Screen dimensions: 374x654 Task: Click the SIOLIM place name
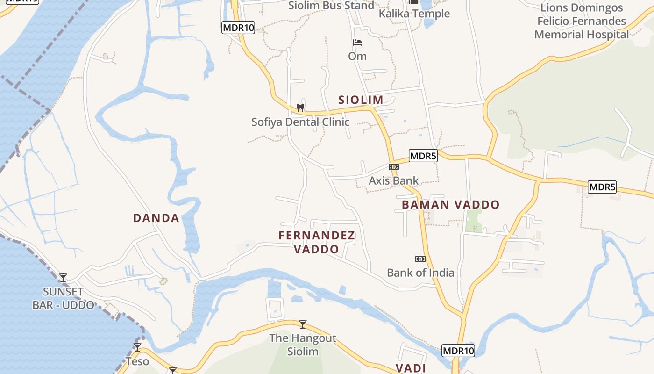point(361,100)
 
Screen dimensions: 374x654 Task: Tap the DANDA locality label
point(156,218)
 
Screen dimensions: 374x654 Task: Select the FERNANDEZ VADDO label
point(317,242)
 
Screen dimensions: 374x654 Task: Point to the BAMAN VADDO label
point(450,205)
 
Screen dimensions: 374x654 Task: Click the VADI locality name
point(411,368)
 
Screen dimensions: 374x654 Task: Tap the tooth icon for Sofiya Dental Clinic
point(300,108)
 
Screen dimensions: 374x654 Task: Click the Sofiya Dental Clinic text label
point(300,122)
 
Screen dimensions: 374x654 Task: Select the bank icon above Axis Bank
point(394,167)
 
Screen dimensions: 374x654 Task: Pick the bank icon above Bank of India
point(420,259)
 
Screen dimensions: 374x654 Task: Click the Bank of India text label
point(420,273)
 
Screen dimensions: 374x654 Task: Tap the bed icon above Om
point(357,43)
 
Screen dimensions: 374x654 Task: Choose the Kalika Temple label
point(414,14)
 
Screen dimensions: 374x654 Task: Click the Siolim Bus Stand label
point(331,6)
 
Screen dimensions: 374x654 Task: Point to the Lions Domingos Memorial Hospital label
point(582,21)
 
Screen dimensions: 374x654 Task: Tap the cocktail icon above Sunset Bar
point(63,278)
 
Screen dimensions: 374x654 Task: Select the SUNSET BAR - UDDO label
point(63,298)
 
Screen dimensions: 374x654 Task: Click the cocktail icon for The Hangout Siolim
point(303,324)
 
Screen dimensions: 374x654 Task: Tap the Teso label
point(137,361)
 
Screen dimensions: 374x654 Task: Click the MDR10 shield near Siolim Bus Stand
point(238,28)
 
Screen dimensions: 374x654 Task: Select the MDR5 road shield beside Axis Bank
point(423,156)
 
